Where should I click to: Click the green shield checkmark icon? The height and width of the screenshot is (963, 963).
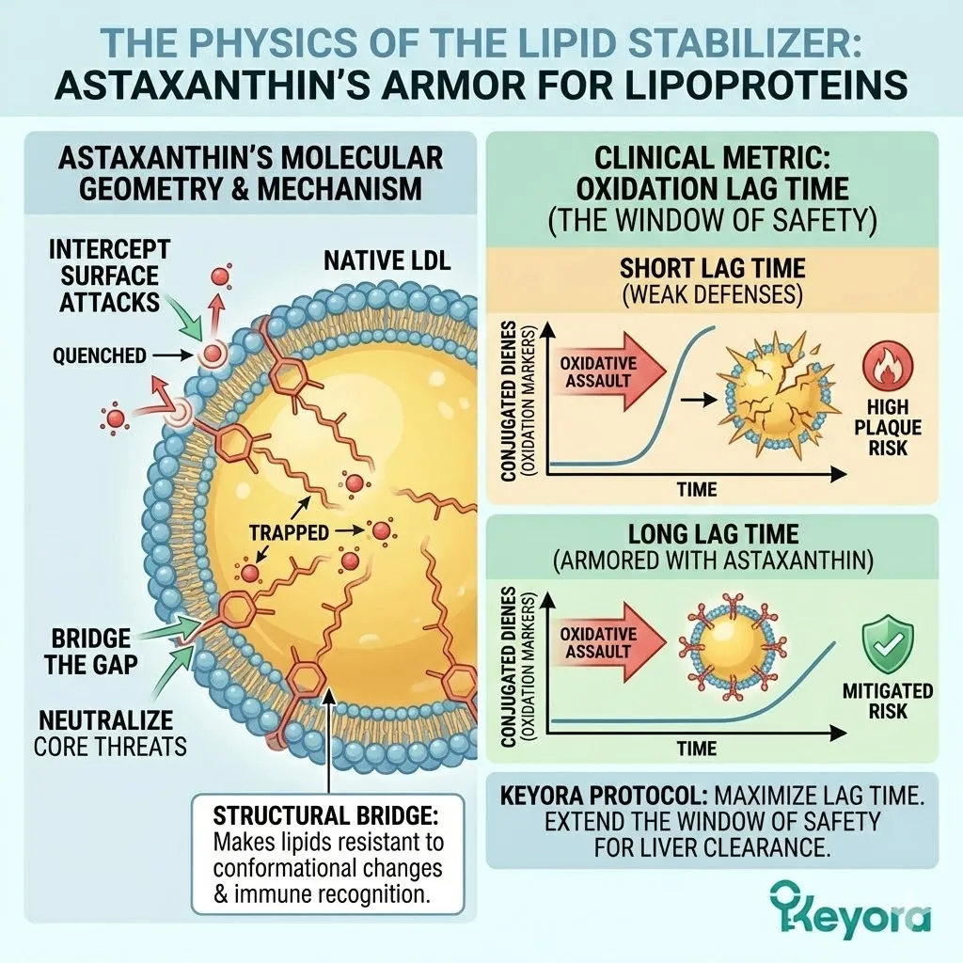888,643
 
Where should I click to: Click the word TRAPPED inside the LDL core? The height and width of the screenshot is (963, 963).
289,532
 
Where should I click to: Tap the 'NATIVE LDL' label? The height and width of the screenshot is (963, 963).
387,260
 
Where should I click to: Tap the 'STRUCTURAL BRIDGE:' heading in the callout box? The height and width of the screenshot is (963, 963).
326,813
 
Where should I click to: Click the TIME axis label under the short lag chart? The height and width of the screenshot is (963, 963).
696,489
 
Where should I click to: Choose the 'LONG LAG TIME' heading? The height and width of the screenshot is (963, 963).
711,535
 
